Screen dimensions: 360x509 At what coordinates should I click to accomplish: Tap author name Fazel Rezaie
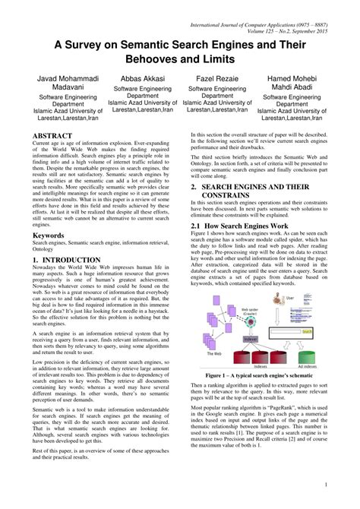(x=221, y=79)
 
